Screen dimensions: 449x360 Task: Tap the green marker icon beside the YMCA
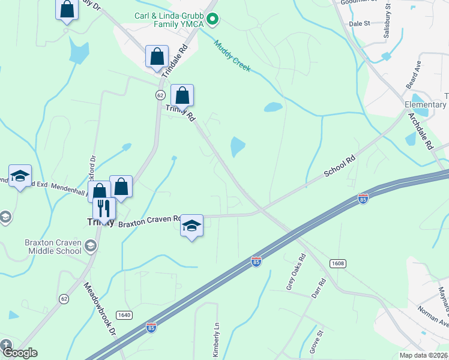(x=212, y=20)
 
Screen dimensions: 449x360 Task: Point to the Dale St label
(x=359, y=23)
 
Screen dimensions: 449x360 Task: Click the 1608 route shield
(x=338, y=263)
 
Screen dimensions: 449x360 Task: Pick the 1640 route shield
(x=124, y=315)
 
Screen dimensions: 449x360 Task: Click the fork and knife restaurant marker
(x=104, y=209)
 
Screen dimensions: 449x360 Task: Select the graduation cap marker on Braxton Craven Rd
(x=191, y=226)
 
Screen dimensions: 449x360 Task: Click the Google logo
(x=20, y=353)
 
